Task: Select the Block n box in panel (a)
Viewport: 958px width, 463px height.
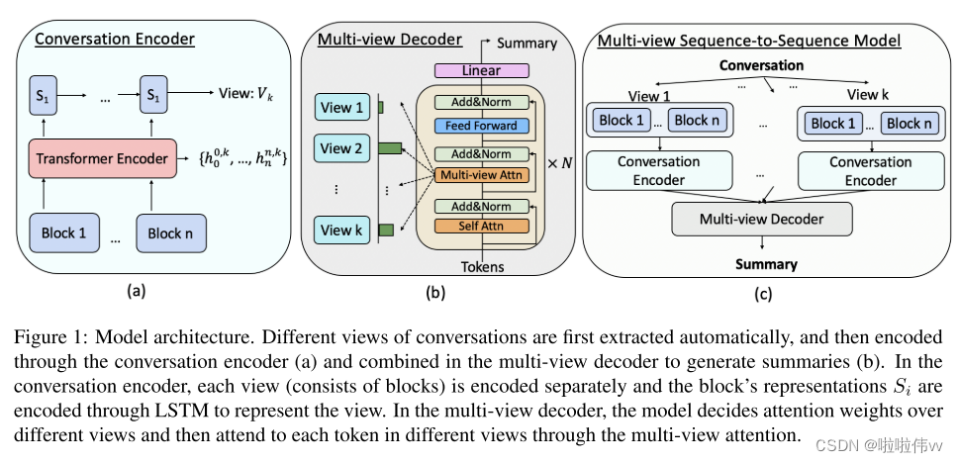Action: click(163, 233)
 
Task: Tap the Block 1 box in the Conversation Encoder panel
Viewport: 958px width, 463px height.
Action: click(62, 233)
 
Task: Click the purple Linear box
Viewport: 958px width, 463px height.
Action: click(480, 70)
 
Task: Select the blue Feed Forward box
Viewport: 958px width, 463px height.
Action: click(480, 126)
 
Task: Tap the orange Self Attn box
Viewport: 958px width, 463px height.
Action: click(480, 227)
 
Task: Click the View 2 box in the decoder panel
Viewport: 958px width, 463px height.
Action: click(341, 149)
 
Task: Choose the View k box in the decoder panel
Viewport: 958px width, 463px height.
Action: click(341, 231)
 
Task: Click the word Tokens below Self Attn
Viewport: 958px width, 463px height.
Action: click(481, 266)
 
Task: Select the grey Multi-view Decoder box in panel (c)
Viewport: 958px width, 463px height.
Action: click(761, 219)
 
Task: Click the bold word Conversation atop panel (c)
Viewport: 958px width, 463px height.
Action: click(762, 65)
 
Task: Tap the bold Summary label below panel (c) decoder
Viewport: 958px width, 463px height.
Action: click(765, 264)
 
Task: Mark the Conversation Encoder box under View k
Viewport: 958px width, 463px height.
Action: click(856, 171)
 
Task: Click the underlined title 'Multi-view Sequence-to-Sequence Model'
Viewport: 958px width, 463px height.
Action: click(748, 41)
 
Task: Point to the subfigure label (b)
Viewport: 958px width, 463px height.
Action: click(435, 293)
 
